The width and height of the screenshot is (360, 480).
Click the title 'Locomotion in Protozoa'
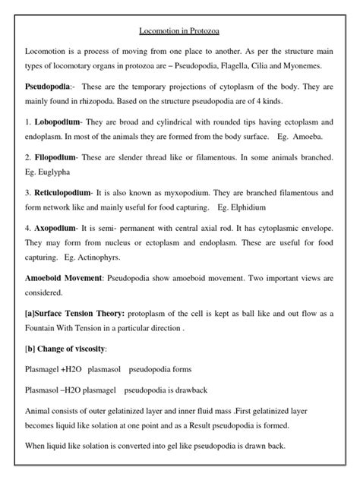tap(179, 33)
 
